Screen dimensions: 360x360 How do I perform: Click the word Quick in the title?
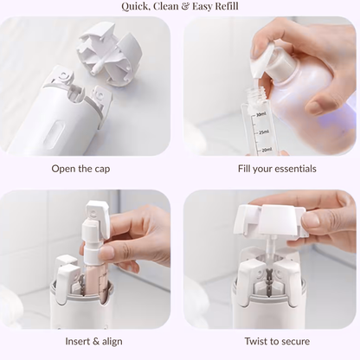point(138,7)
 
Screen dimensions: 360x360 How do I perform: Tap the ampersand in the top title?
point(192,7)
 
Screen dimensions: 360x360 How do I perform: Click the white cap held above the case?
point(270,221)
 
